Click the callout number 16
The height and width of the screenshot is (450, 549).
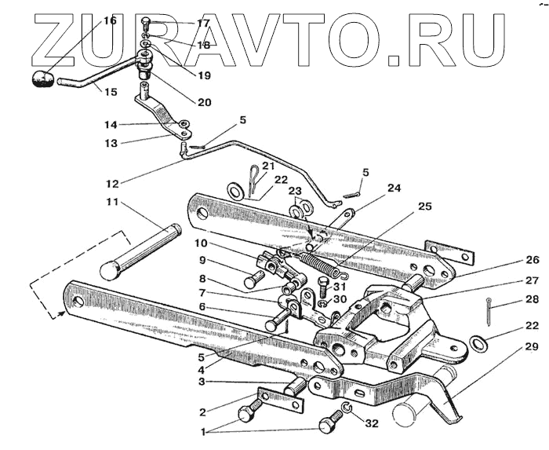[x=110, y=20]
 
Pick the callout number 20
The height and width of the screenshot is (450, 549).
[x=204, y=102]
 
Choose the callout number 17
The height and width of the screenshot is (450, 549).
[x=203, y=24]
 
